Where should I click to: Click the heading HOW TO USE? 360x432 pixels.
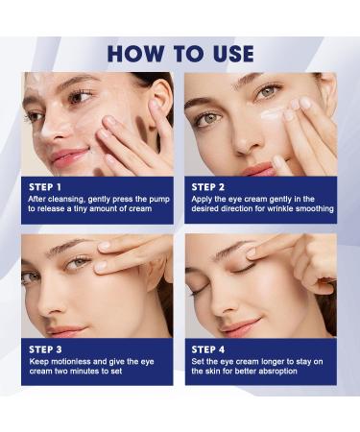click(180, 53)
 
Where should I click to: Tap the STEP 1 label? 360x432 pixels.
click(44, 186)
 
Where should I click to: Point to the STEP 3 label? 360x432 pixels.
click(44, 348)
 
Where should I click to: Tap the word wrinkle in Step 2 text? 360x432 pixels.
click(271, 208)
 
